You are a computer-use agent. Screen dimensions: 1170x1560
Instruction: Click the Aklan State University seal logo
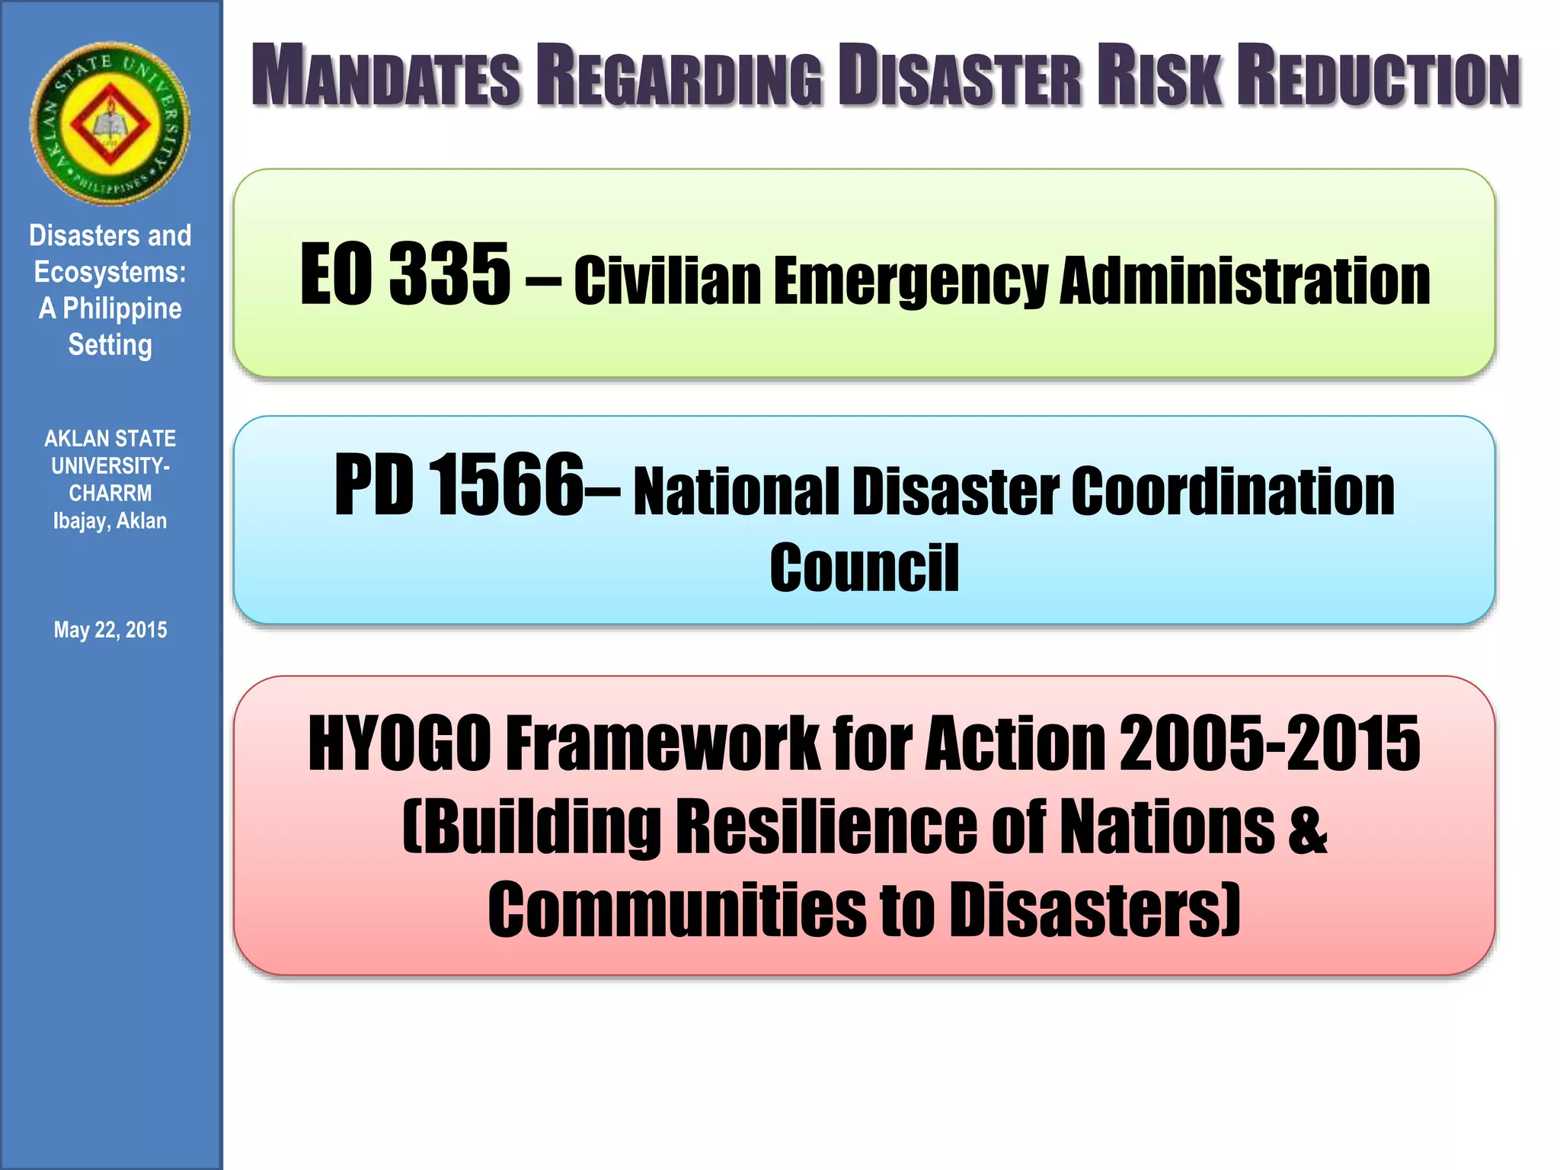coord(110,123)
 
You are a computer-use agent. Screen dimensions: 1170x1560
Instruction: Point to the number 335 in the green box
coord(449,273)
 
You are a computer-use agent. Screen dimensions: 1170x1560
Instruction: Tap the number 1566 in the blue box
coord(506,484)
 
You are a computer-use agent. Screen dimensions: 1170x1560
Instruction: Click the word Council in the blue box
coord(864,567)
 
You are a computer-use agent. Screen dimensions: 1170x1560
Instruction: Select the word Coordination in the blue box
coord(1233,491)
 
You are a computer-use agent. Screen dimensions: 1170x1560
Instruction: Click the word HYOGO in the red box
coord(399,743)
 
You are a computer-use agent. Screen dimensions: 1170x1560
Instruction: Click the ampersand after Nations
coord(1308,827)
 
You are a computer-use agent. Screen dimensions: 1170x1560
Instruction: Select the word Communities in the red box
coord(676,909)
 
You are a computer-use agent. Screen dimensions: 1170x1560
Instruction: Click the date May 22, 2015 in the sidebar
coord(110,630)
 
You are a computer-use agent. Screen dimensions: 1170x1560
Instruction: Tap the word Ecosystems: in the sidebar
coord(110,272)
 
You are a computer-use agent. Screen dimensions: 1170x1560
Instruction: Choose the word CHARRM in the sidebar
coord(110,494)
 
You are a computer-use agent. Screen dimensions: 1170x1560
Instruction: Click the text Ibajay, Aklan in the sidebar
coord(110,521)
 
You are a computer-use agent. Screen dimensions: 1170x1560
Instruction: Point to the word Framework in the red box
coord(662,743)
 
